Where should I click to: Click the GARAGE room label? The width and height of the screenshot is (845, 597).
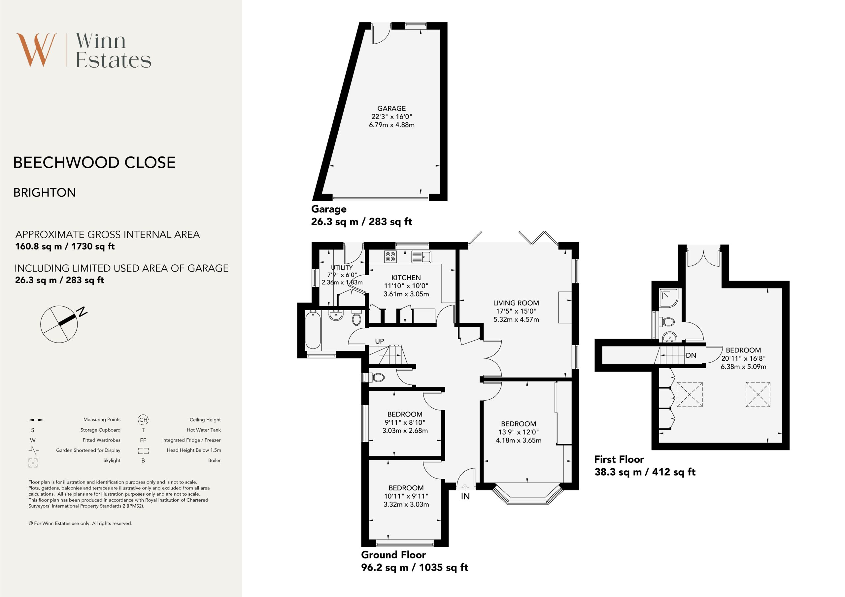click(391, 109)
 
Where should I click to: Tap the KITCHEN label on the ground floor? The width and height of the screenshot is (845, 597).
click(406, 278)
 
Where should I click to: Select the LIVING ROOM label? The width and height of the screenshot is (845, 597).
click(516, 303)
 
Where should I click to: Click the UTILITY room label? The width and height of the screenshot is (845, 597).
click(342, 268)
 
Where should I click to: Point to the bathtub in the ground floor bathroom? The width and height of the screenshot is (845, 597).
click(313, 329)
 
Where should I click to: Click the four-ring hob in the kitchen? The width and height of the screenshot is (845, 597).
click(390, 256)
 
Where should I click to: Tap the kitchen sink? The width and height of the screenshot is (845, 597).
click(422, 256)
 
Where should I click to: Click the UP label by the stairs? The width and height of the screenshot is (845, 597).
click(380, 341)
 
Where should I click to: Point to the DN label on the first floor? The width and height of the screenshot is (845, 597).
click(691, 355)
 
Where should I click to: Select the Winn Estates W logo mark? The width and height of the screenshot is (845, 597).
click(36, 50)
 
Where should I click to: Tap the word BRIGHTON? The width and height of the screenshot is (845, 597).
click(45, 192)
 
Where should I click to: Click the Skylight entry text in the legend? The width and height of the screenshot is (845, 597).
click(112, 460)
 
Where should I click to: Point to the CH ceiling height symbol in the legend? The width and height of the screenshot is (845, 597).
click(143, 419)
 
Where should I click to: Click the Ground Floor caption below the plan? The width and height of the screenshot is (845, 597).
click(393, 555)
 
